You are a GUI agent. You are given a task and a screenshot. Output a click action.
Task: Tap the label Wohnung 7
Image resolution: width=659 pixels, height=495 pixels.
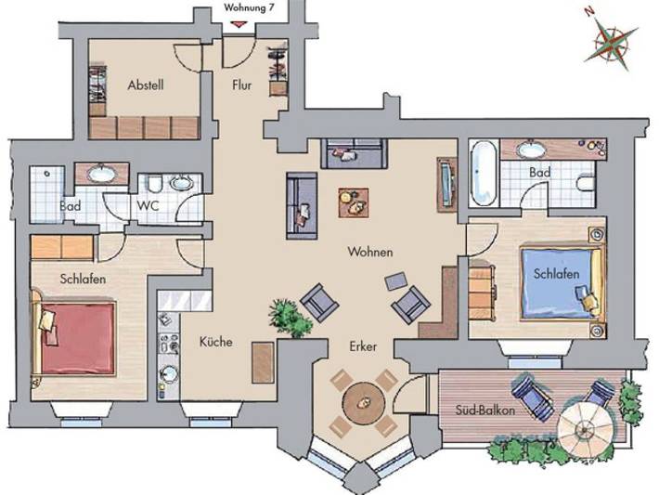(x=250, y=7)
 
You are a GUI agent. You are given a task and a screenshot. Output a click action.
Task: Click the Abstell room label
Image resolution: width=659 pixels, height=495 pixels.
(x=146, y=85)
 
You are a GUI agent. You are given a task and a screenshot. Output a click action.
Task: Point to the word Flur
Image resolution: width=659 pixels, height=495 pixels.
(x=243, y=85)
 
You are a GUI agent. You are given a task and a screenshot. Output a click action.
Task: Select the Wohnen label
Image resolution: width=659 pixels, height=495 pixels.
(x=370, y=252)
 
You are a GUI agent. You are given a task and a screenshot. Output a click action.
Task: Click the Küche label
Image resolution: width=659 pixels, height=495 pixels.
(x=215, y=342)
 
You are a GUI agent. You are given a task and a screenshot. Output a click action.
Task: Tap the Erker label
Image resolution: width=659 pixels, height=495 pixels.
(x=362, y=346)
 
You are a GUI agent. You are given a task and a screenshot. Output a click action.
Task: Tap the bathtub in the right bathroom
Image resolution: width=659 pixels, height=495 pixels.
(x=483, y=173)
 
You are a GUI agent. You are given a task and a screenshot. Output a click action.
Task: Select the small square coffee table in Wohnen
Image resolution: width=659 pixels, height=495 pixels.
(x=353, y=200)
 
